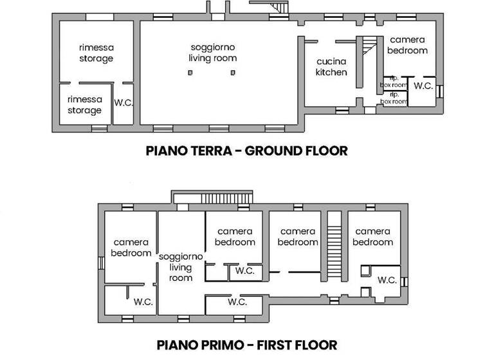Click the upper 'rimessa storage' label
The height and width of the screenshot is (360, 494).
(96, 53)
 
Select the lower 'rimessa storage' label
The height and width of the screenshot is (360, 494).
(85, 105)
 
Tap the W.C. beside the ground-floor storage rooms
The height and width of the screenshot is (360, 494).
(123, 102)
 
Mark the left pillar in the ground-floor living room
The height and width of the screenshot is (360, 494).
(190, 73)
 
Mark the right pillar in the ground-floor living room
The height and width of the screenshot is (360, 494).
(233, 73)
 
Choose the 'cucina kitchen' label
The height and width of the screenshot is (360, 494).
(331, 67)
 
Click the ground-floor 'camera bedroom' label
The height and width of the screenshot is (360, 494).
(408, 44)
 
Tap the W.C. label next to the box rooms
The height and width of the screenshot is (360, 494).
(423, 85)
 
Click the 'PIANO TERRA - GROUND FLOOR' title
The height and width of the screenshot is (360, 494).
(247, 151)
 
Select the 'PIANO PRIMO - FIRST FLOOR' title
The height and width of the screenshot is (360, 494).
(247, 344)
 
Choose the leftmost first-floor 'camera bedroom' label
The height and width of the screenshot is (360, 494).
(131, 248)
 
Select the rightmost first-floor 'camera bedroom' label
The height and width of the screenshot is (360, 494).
(373, 237)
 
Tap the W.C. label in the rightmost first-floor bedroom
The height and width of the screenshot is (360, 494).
(387, 280)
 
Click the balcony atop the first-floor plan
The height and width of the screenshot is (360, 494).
(213, 197)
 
